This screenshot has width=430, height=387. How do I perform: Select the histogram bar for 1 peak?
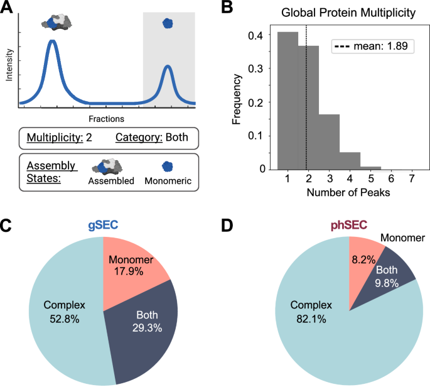pyautogui.click(x=288, y=101)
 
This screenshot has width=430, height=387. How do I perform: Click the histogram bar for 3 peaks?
pyautogui.click(x=329, y=141)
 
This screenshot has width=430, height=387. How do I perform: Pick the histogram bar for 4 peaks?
pyautogui.click(x=350, y=161)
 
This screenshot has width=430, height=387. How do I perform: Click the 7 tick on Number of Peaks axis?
pyautogui.click(x=412, y=179)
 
